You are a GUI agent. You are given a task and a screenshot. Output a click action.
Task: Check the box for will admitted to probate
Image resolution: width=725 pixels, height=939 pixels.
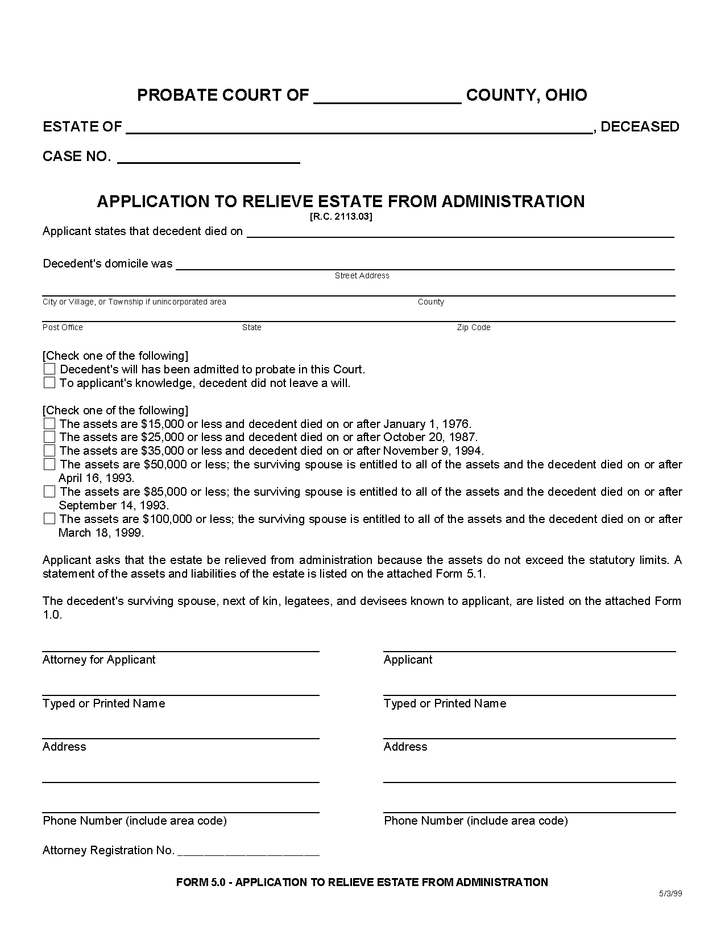tap(49, 369)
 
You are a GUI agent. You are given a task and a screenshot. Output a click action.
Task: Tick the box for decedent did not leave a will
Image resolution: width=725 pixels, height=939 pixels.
tap(49, 383)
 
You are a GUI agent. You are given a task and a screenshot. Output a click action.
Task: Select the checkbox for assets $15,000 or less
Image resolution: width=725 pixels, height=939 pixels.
tap(49, 424)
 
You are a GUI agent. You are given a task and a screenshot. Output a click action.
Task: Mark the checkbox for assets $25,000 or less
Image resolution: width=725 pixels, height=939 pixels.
tap(49, 437)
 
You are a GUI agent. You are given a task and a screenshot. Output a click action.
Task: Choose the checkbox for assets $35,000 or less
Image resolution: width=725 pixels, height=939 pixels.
tap(49, 451)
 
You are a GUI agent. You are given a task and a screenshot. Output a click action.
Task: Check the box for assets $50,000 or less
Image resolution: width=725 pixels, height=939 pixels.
tap(49, 464)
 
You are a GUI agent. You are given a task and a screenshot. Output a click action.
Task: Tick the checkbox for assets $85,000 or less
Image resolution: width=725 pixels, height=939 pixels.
tap(49, 492)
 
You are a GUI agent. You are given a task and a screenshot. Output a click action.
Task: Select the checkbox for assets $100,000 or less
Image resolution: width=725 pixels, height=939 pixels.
tap(49, 519)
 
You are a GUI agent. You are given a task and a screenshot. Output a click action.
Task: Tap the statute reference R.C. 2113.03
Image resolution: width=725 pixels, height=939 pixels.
tap(341, 217)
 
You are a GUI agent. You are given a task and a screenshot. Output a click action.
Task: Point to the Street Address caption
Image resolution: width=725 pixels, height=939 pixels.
tap(362, 276)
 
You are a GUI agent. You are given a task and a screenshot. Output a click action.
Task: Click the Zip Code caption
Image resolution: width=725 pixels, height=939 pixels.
tap(473, 328)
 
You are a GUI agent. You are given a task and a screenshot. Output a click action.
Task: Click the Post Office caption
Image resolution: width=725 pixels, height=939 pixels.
tap(63, 328)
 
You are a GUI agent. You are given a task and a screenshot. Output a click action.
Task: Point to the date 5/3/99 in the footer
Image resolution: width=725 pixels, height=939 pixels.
tap(670, 893)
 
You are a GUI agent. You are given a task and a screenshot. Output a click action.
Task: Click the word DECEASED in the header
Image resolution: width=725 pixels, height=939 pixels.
tap(640, 127)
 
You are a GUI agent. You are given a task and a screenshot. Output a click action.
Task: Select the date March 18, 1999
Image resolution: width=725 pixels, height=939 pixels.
tap(101, 533)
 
